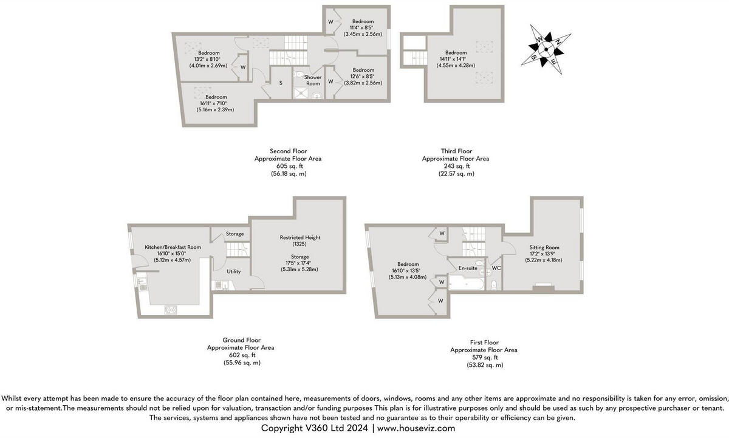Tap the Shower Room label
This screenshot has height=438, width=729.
[313, 80]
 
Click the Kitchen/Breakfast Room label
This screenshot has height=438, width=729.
[173, 247]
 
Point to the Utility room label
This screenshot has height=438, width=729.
[234, 271]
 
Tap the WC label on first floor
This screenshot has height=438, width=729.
[496, 268]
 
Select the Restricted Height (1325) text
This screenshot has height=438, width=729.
[299, 240]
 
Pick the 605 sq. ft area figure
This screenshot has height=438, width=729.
[287, 165]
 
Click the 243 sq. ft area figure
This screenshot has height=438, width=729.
[456, 165]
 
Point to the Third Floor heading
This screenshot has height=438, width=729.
[456, 151]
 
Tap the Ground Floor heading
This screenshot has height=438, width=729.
[241, 340]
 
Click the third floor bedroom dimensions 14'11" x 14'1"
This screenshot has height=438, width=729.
[456, 59]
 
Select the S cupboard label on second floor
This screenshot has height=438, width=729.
[281, 83]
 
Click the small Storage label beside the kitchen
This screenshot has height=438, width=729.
[234, 234]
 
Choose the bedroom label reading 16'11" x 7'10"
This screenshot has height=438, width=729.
[216, 103]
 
